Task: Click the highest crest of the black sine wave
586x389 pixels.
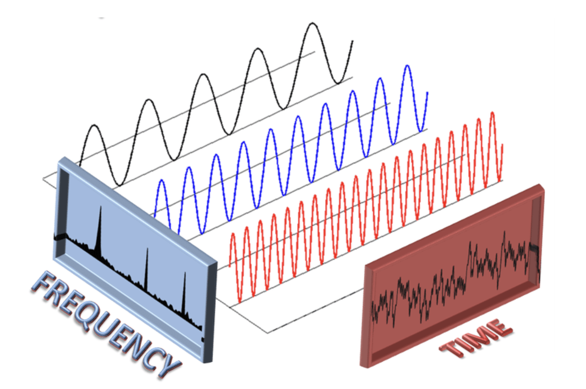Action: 312,24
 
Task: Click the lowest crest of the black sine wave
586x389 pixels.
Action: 95,125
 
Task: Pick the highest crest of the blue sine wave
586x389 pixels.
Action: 407,66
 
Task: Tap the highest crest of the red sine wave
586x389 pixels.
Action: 493,112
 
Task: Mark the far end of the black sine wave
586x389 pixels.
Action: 353,41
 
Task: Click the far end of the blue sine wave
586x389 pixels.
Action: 428,92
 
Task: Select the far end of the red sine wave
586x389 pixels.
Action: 503,145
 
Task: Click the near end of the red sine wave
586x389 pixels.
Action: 229,266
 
